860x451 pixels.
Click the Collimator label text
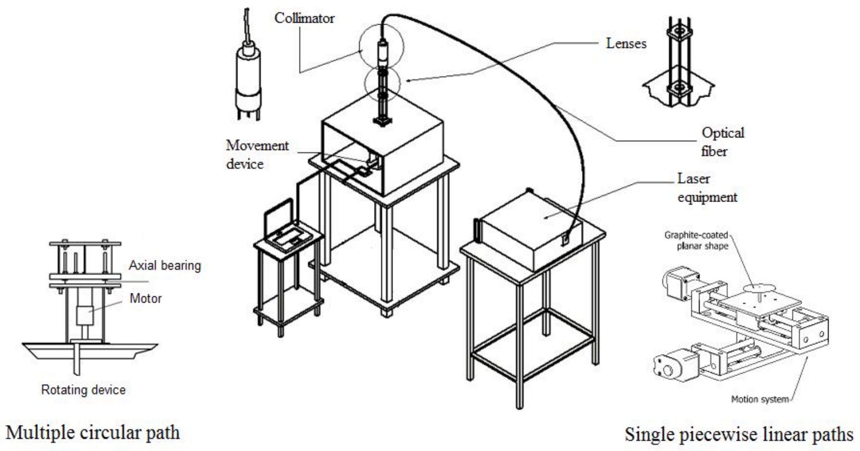(x=304, y=18)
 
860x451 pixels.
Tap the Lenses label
(x=626, y=44)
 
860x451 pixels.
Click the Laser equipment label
(x=706, y=188)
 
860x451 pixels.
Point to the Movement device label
(x=257, y=155)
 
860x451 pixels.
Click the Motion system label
(x=760, y=399)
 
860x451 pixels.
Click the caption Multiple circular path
(x=93, y=433)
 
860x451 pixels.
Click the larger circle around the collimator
(x=382, y=47)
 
